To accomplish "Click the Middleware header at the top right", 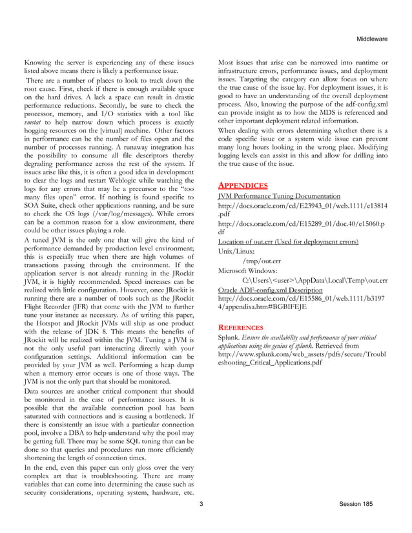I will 372,39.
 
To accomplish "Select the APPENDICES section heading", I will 243,185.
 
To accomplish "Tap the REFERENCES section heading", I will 243,327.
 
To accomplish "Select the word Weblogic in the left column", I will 127,182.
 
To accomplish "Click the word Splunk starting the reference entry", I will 230,337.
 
